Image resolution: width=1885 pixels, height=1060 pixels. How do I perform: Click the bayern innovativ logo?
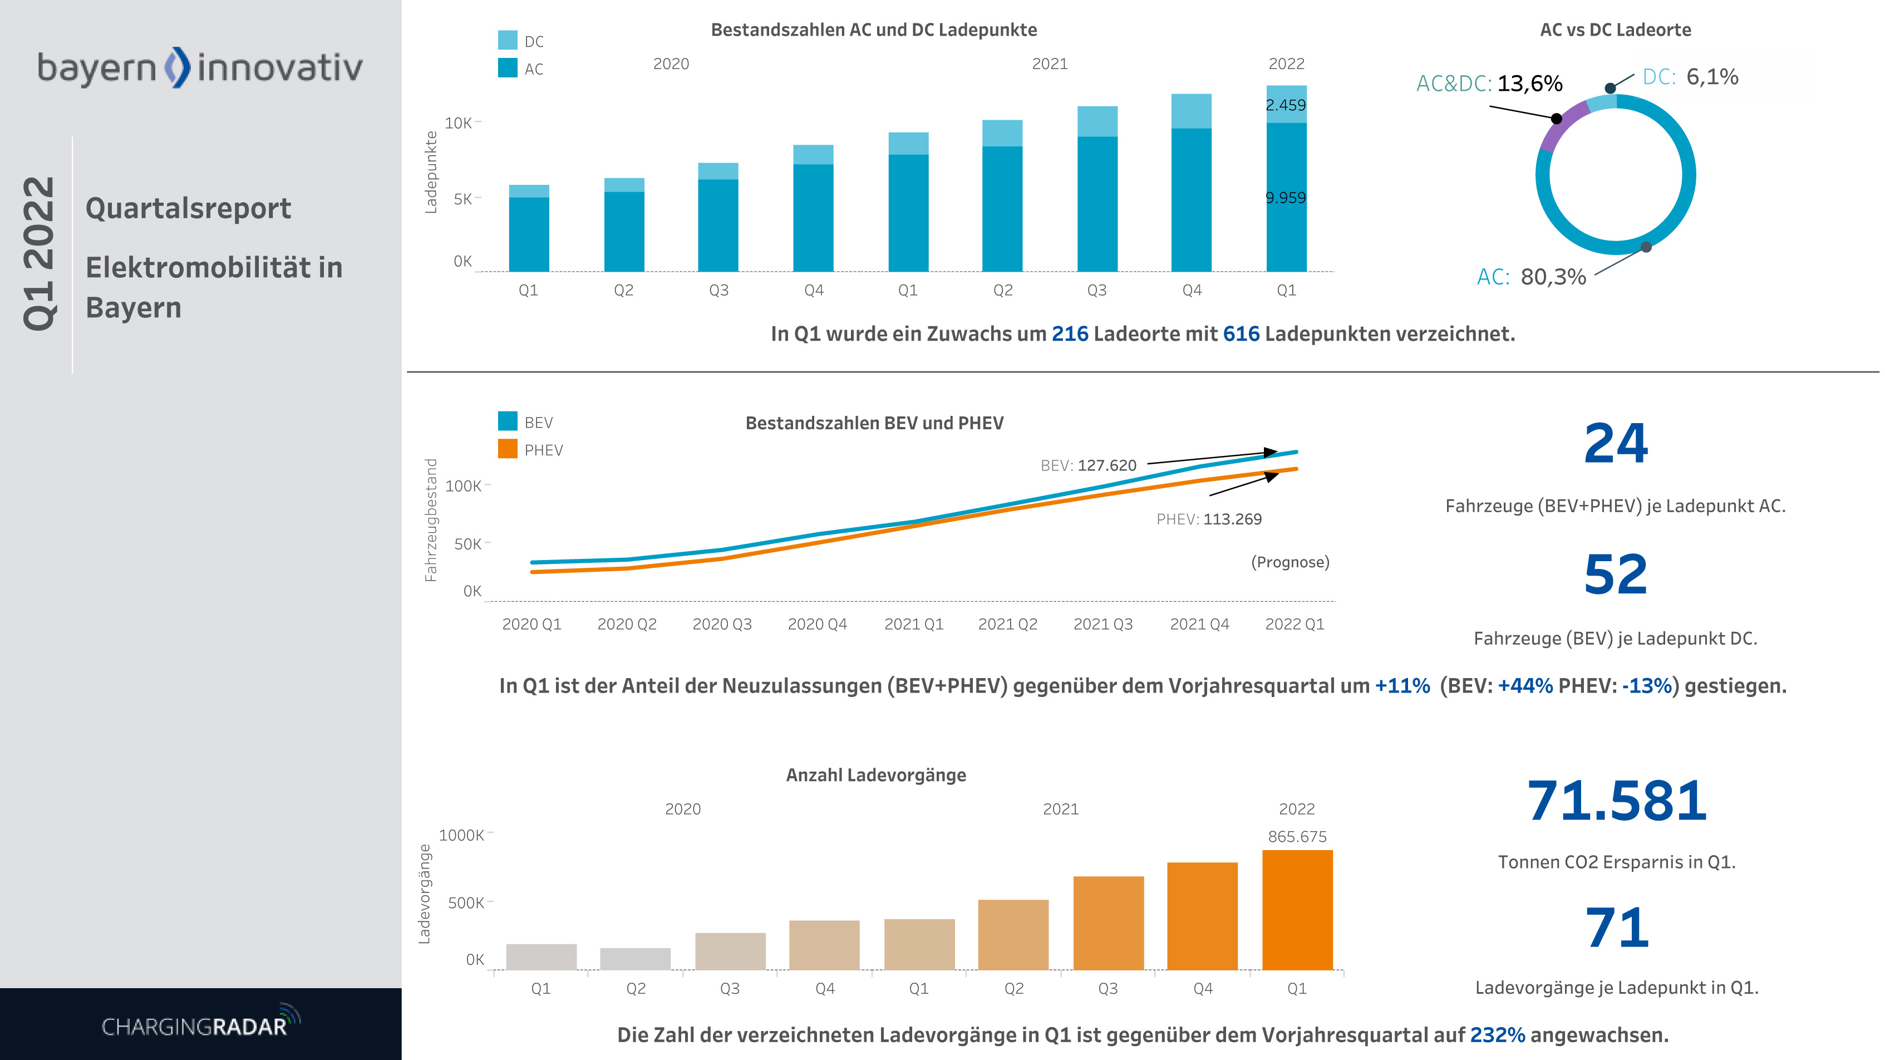(x=200, y=67)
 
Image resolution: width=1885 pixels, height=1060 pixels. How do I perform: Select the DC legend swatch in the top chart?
(x=507, y=40)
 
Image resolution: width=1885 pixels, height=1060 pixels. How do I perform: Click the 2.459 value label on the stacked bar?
(x=1286, y=105)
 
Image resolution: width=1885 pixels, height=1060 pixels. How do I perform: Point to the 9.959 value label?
(x=1286, y=198)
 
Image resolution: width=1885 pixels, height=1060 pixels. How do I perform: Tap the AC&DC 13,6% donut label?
(x=1489, y=84)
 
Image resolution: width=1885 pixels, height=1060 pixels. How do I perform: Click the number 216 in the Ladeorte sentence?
(x=1070, y=334)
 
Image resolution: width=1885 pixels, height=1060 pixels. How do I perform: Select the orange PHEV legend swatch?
(x=507, y=449)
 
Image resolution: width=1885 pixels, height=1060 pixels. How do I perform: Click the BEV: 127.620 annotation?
(x=1088, y=465)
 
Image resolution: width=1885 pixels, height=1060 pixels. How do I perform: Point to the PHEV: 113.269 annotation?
(x=1209, y=519)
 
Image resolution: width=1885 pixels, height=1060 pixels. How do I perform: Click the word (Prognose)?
(x=1290, y=562)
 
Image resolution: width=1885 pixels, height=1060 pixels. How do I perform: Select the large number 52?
(x=1616, y=575)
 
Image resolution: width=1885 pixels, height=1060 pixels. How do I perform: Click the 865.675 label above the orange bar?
(x=1297, y=837)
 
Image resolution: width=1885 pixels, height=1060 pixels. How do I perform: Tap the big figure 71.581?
(x=1616, y=801)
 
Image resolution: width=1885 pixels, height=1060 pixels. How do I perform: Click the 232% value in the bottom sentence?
(x=1497, y=1035)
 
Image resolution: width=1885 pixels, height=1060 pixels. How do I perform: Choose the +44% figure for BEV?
(x=1525, y=686)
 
